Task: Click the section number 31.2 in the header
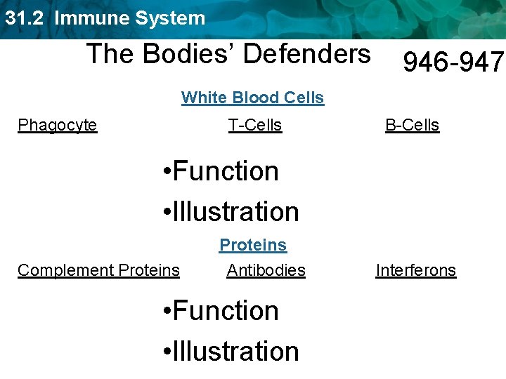[25, 18]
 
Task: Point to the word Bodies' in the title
[185, 53]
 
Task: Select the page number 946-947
[453, 63]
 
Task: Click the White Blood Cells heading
[253, 98]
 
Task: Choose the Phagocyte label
[58, 126]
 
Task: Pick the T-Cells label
[255, 126]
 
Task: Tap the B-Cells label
[412, 126]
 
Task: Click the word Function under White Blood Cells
[226, 171]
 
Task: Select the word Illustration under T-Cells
[235, 211]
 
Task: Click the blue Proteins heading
[253, 245]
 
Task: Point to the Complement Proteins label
[98, 270]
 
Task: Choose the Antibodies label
[266, 270]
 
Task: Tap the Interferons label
[416, 270]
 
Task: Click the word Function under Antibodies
[226, 310]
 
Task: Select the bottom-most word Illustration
[235, 351]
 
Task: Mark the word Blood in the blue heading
[254, 98]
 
